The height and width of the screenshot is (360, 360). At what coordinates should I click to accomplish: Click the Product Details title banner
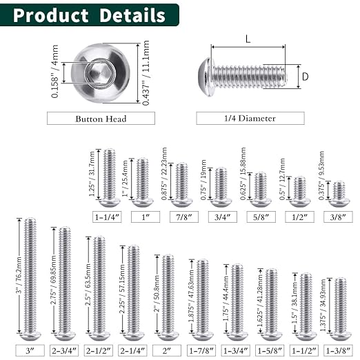click(x=89, y=16)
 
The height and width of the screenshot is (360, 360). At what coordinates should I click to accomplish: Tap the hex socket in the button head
click(x=97, y=71)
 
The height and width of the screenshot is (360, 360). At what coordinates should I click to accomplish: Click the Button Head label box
click(x=101, y=119)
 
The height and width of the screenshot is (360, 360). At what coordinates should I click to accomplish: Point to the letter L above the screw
click(x=248, y=40)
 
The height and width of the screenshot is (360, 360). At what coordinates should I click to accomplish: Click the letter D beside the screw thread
click(x=305, y=77)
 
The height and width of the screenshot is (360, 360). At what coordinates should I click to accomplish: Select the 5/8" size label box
click(x=260, y=215)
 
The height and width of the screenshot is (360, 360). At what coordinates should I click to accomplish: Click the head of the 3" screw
click(x=30, y=336)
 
